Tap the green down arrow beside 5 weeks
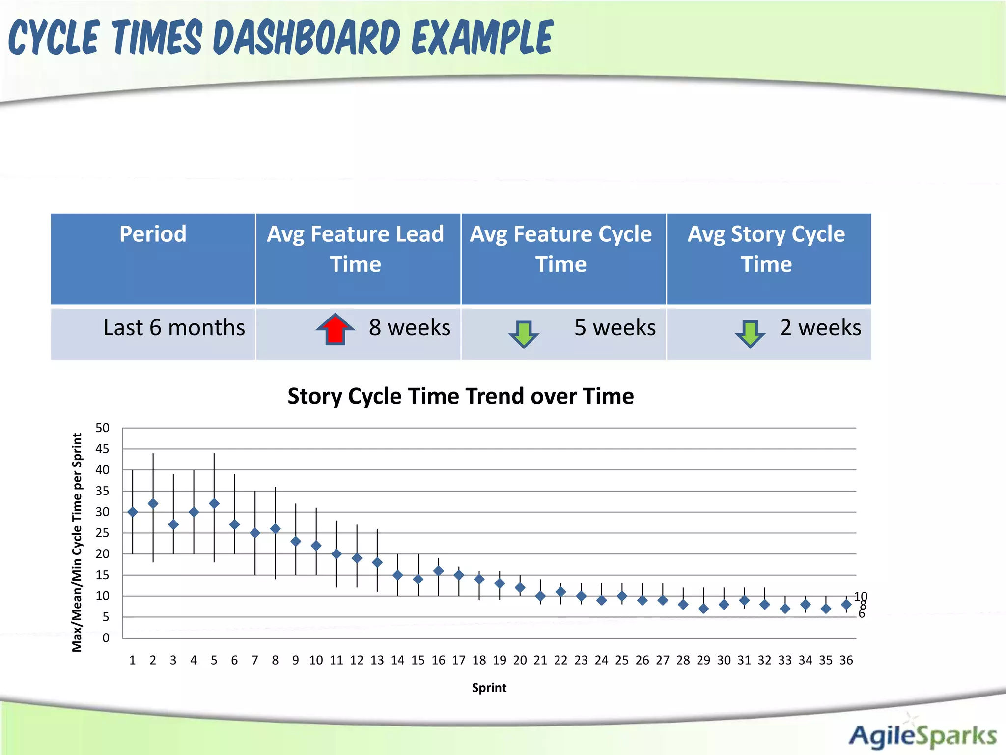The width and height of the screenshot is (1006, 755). (524, 334)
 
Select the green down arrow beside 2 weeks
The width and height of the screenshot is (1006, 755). (750, 333)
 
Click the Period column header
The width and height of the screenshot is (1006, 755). (153, 234)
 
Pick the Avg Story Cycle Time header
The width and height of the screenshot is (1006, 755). (766, 249)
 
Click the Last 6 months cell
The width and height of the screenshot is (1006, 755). (174, 328)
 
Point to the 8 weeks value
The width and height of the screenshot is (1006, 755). (409, 328)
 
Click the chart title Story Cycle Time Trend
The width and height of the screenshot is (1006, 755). (460, 396)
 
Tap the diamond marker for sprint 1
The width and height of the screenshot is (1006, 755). (133, 512)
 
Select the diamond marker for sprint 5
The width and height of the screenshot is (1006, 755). (214, 504)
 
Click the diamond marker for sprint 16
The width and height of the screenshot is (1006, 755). (439, 571)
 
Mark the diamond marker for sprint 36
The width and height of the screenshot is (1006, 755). (846, 605)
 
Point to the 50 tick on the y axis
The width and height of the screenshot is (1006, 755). (102, 428)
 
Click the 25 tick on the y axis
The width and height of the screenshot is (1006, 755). (102, 533)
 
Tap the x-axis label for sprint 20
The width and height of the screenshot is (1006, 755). (520, 660)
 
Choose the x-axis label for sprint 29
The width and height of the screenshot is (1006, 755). (703, 660)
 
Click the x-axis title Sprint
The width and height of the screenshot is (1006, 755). (489, 688)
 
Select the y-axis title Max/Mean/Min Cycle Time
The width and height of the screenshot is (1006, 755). (77, 542)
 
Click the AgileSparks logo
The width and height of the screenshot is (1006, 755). (922, 736)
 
